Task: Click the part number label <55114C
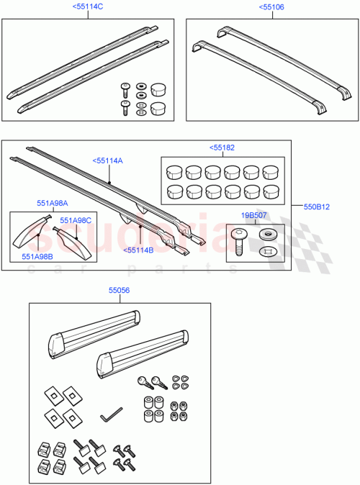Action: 88,6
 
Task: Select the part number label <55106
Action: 271,6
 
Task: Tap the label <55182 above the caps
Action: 222,148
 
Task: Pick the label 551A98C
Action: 75,220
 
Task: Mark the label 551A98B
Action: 37,255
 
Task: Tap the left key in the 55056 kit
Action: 142,384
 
